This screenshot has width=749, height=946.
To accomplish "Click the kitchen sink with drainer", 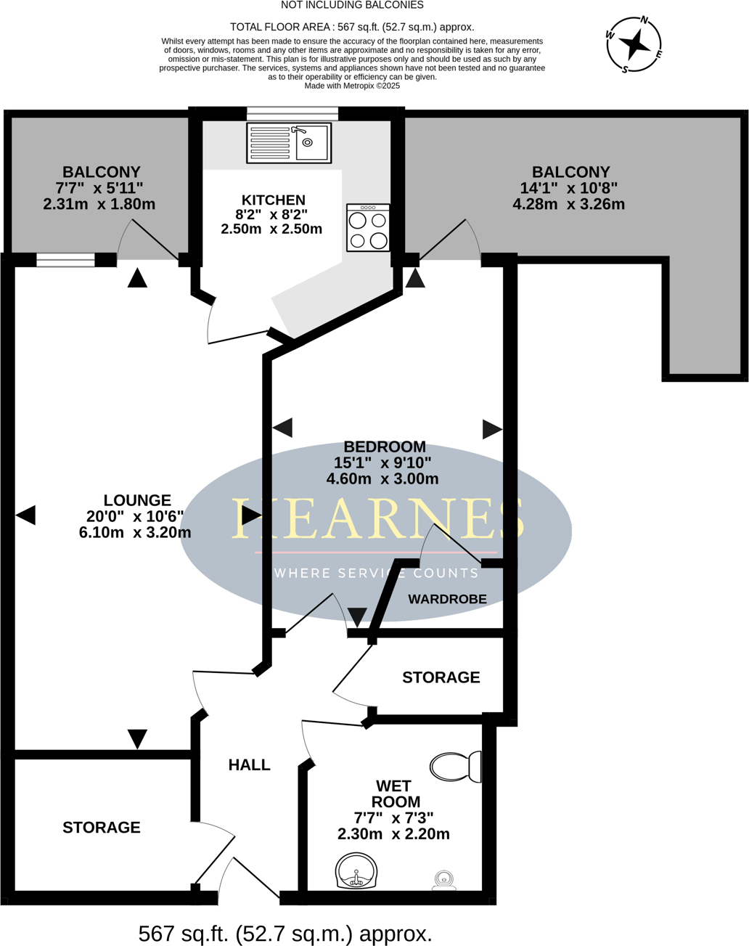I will tap(289, 142).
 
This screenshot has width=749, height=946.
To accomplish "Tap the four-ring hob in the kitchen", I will tap(368, 228).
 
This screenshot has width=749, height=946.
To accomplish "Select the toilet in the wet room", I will tap(456, 766).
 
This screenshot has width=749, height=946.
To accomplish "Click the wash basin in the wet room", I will tap(356, 870).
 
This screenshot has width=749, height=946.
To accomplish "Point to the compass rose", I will tap(634, 44).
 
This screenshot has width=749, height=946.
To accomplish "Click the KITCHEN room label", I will tap(273, 200).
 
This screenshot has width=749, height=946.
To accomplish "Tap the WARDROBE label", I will tap(447, 599).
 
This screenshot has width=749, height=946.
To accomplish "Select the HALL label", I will tap(249, 764).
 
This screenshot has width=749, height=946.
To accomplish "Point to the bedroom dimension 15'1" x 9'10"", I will tap(382, 462).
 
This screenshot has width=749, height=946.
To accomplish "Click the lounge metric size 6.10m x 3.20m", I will tap(135, 532).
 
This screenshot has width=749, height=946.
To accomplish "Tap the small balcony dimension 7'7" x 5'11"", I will tap(99, 188).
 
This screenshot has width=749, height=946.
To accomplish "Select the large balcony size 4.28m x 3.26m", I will tap(568, 204).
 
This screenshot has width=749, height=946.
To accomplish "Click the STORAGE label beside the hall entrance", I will tap(102, 827).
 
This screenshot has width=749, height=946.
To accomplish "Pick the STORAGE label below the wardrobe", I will tap(441, 677).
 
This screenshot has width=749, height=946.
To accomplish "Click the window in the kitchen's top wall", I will tap(292, 113).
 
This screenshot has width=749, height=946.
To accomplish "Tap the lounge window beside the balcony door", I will tap(65, 260).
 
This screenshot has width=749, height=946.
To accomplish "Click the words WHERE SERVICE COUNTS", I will tap(376, 573).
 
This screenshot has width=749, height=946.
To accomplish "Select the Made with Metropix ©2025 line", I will tap(352, 86).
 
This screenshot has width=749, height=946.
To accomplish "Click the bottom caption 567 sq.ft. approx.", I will tap(285, 934).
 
